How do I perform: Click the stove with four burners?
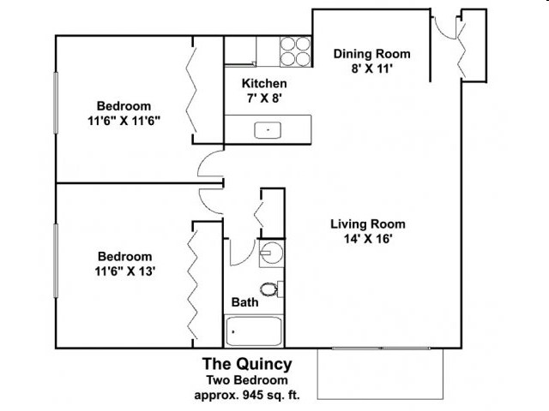pos(293,51)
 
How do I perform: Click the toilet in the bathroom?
pos(270,289)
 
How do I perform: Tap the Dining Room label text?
pos(371,54)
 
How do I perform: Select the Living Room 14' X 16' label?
pos(368,232)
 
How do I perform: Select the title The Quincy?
pos(246,362)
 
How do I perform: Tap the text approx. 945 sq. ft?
pos(246,396)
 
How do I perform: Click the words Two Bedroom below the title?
pos(246,379)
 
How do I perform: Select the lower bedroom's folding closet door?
pos(196,283)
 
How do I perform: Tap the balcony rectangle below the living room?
pos(380,374)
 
